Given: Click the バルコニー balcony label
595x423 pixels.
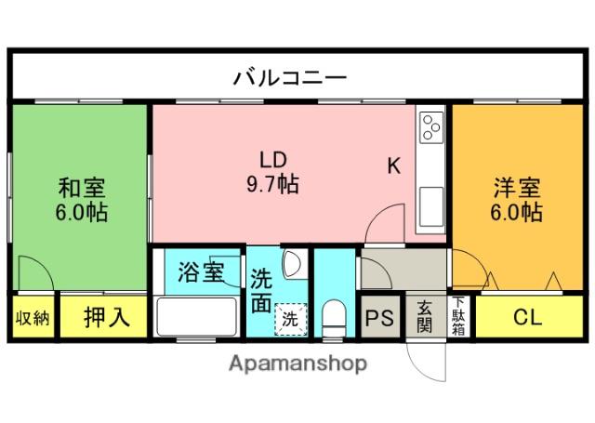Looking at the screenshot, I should pos(289,76).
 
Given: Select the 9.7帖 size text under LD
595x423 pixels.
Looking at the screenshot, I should pos(271,184).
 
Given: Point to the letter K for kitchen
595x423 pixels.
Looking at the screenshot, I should pos(394,166).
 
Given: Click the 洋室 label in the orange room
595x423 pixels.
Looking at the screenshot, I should pos(517,186).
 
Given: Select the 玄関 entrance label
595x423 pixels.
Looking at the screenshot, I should pos(425,317).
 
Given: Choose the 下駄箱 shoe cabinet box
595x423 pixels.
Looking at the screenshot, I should pos(458,317).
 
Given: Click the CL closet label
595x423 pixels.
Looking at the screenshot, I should pos(526,317).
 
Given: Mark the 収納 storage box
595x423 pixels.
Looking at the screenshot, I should pos(33,317).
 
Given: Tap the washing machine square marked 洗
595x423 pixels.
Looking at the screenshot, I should pos(290,317).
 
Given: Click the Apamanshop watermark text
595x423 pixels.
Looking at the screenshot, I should pos(297,363).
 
